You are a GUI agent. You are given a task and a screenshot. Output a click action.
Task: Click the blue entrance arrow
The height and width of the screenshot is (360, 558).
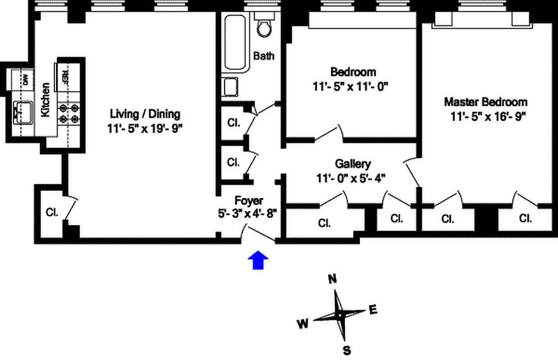click(x=258, y=261)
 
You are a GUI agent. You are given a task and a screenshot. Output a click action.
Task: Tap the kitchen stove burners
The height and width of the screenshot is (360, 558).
click(x=68, y=113)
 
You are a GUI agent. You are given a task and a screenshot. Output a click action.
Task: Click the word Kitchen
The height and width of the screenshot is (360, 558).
click(x=45, y=100)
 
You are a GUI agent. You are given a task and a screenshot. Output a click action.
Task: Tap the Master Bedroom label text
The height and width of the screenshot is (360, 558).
click(x=486, y=102)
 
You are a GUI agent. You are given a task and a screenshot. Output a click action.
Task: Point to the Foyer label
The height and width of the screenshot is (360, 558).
click(x=249, y=201)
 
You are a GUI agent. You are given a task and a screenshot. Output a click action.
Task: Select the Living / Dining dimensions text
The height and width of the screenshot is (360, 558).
click(x=145, y=129)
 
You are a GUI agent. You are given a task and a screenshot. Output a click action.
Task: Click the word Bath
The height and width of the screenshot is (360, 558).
click(x=264, y=56)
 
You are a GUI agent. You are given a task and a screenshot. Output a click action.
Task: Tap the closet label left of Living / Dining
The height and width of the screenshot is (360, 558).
click(x=52, y=212)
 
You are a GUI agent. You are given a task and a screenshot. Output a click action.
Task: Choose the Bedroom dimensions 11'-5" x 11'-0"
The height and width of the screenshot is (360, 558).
click(x=350, y=86)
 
